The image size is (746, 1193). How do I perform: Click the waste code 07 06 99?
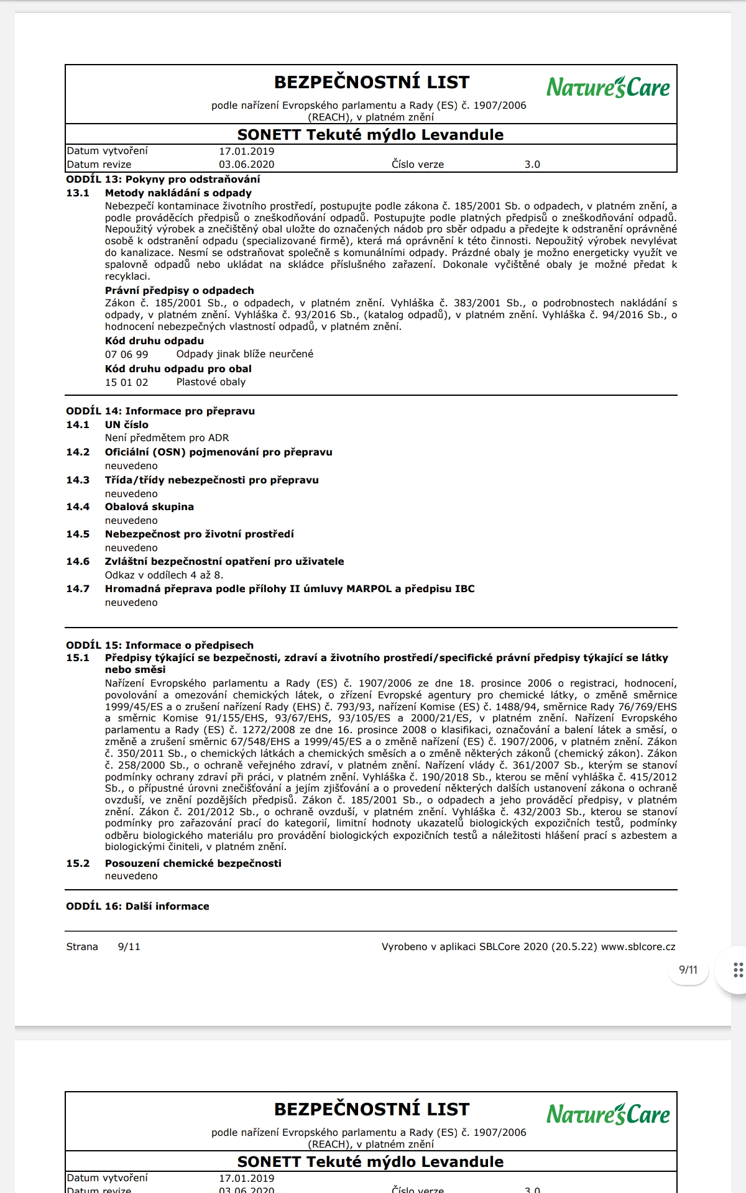click(x=126, y=354)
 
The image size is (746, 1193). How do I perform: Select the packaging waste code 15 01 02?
click(x=126, y=382)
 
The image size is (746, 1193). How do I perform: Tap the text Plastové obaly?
click(x=211, y=382)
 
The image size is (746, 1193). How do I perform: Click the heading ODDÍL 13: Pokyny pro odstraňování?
click(x=163, y=179)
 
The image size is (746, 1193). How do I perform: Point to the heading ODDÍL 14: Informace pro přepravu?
click(x=160, y=411)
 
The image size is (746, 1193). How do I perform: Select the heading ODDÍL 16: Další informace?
click(x=137, y=906)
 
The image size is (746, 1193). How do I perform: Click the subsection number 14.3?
click(x=78, y=480)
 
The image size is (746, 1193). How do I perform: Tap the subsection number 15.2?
click(x=78, y=863)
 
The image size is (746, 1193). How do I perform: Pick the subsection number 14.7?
click(x=78, y=588)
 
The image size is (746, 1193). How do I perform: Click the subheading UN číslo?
click(x=126, y=424)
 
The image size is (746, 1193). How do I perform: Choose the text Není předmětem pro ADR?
click(x=167, y=437)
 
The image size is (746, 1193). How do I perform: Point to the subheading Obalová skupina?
click(x=149, y=506)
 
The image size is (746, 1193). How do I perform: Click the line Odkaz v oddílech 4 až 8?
click(x=163, y=575)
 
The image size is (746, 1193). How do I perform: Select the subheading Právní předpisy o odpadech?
click(x=179, y=290)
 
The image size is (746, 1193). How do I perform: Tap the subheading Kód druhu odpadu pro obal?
click(x=178, y=368)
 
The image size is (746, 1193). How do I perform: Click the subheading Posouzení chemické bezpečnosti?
click(x=193, y=863)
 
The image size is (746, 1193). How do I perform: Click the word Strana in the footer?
click(x=82, y=946)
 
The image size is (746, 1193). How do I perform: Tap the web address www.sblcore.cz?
click(x=638, y=946)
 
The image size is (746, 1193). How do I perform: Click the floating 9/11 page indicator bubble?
click(x=688, y=969)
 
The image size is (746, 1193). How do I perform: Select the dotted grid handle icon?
click(x=738, y=969)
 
